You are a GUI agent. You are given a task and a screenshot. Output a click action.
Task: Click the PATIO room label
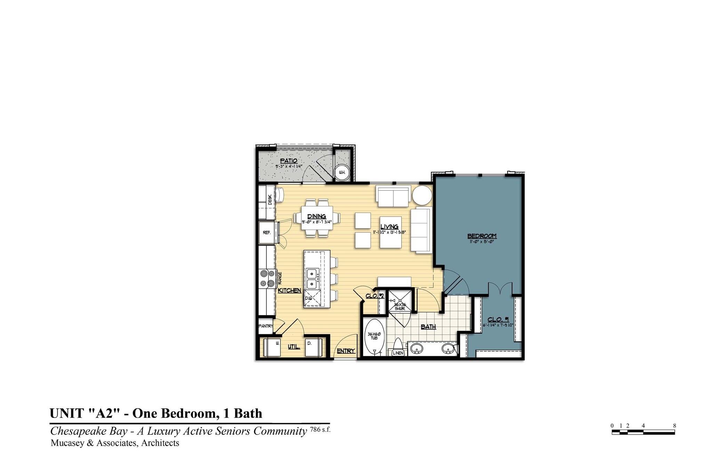pyautogui.click(x=288, y=161)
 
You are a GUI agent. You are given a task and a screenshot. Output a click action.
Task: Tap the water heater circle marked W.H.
pyautogui.click(x=342, y=172)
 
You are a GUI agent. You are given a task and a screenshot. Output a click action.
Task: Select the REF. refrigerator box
pyautogui.click(x=267, y=233)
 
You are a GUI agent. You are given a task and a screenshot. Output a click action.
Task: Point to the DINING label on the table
pyautogui.click(x=316, y=216)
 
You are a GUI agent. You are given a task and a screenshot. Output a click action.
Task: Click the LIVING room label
pyautogui.click(x=389, y=227)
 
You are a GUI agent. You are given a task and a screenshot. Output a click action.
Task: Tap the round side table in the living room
pyautogui.click(x=422, y=196)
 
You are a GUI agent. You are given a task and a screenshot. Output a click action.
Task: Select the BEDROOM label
pyautogui.click(x=482, y=236)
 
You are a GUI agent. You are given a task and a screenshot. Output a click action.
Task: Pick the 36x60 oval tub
pyautogui.click(x=374, y=337)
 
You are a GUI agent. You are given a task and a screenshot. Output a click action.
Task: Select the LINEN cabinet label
pyautogui.click(x=398, y=353)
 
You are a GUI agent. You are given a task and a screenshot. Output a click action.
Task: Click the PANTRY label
pyautogui.click(x=265, y=326)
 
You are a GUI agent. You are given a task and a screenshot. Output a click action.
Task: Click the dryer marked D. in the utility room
pyautogui.click(x=313, y=347)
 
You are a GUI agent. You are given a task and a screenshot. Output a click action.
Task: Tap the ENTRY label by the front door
pyautogui.click(x=345, y=351)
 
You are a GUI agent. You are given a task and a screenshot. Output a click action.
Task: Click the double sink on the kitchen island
pyautogui.click(x=312, y=278)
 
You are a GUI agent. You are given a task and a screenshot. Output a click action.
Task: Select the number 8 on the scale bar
pyautogui.click(x=674, y=426)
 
